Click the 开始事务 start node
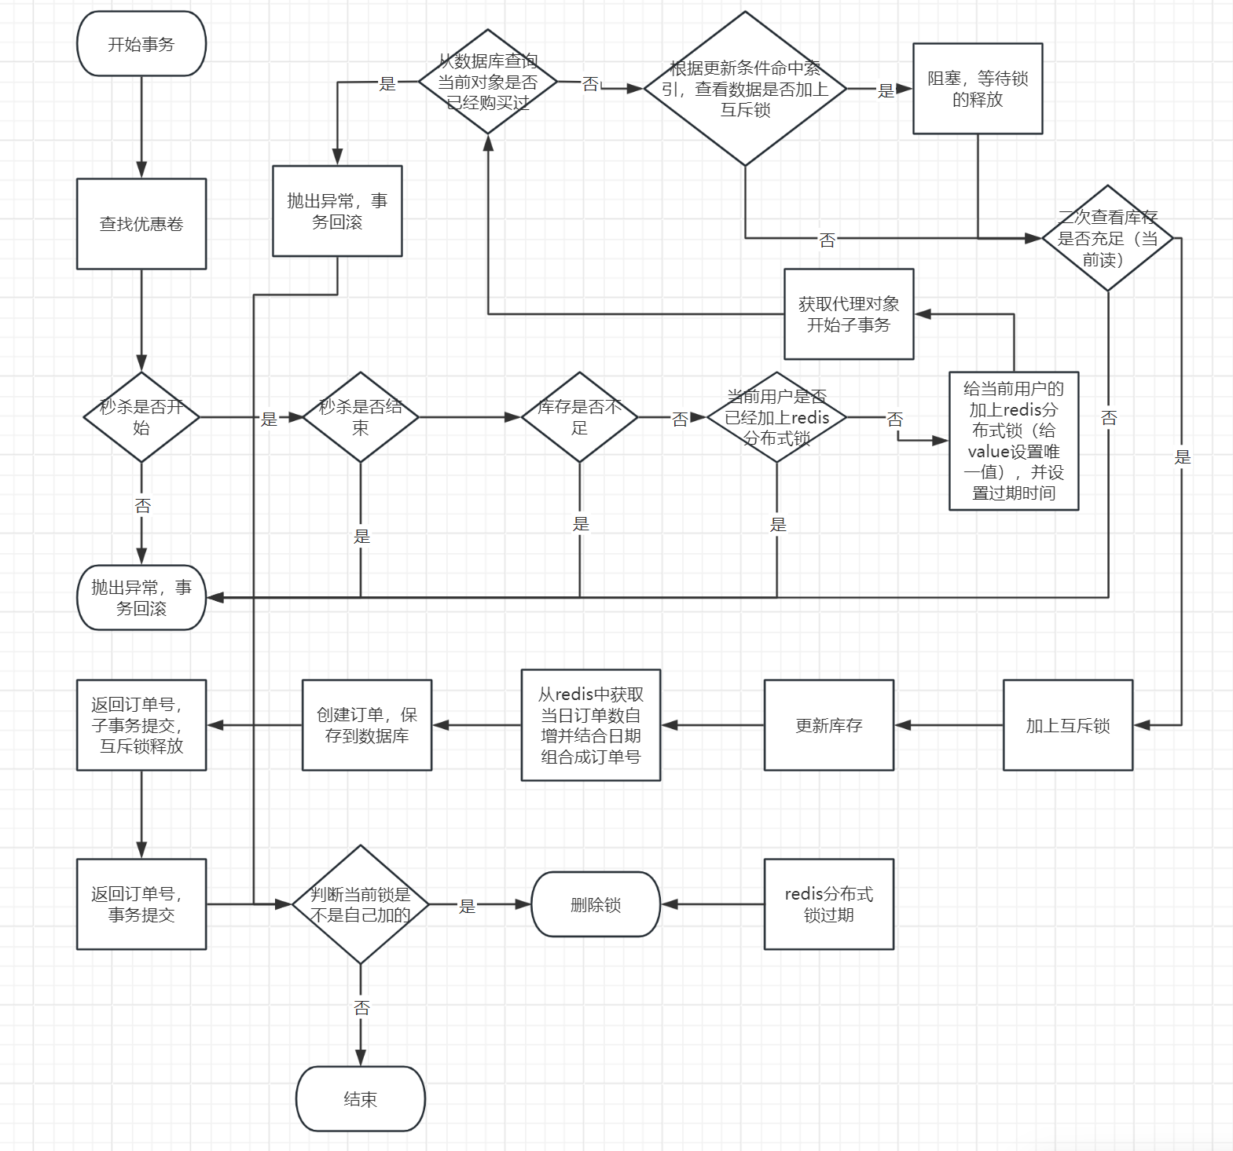pyautogui.click(x=141, y=44)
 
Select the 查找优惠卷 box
pyautogui.click(x=141, y=224)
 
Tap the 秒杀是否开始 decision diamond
pyautogui.click(x=141, y=417)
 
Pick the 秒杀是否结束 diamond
pyautogui.click(x=361, y=417)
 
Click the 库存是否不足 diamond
pyautogui.click(x=579, y=417)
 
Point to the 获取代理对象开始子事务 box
pyautogui.click(x=849, y=314)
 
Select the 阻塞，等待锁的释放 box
pyautogui.click(x=978, y=89)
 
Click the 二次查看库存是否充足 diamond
pyautogui.click(x=1107, y=238)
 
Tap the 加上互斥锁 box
pyautogui.click(x=1068, y=725)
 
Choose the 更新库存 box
pyautogui.click(x=829, y=725)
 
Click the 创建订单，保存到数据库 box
pyautogui.click(x=367, y=725)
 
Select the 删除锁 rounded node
pyautogui.click(x=596, y=904)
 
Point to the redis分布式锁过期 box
pyautogui.click(x=829, y=904)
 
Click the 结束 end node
pyautogui.click(x=361, y=1099)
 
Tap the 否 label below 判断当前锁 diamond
pyautogui.click(x=361, y=1008)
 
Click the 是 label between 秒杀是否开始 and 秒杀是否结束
pyautogui.click(x=269, y=419)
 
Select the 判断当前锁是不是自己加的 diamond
pyautogui.click(x=361, y=904)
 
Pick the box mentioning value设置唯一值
pyautogui.click(x=1014, y=441)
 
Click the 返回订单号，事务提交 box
pyautogui.click(x=141, y=904)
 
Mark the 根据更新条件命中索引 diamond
pyautogui.click(x=745, y=89)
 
